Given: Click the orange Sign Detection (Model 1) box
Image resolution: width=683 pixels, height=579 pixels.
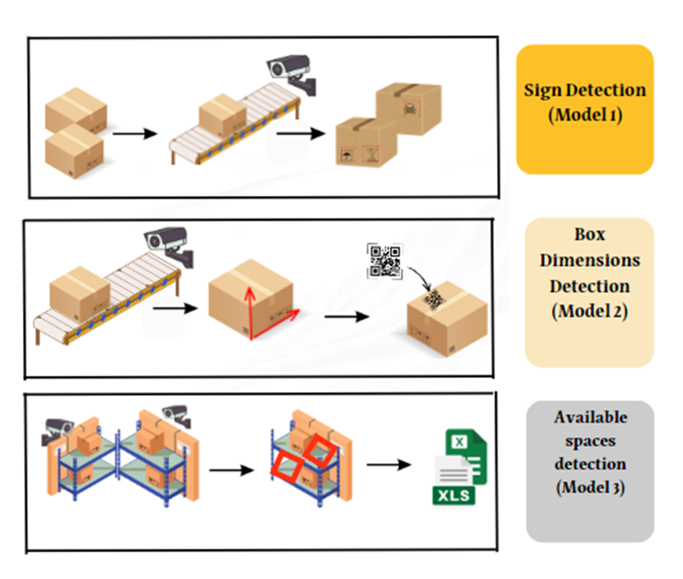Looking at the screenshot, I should point(584,109).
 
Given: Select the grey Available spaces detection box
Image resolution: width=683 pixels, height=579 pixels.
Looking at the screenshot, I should point(590,470).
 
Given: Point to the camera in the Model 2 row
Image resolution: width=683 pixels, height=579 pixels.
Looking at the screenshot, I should point(170,244).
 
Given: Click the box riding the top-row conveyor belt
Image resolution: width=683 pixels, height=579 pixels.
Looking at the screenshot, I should point(222,116).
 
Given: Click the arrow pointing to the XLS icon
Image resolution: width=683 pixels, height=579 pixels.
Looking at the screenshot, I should point(387,465).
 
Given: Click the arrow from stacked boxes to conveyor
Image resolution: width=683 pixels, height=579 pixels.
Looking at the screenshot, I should point(134,133).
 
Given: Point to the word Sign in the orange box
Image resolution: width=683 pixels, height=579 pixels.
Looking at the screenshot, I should point(542,90).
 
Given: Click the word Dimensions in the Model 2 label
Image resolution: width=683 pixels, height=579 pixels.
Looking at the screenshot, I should point(589,261).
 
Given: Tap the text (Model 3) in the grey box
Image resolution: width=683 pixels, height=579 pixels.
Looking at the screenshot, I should point(590,488).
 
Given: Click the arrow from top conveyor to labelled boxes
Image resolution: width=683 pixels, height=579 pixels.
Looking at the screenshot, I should point(301,131).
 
